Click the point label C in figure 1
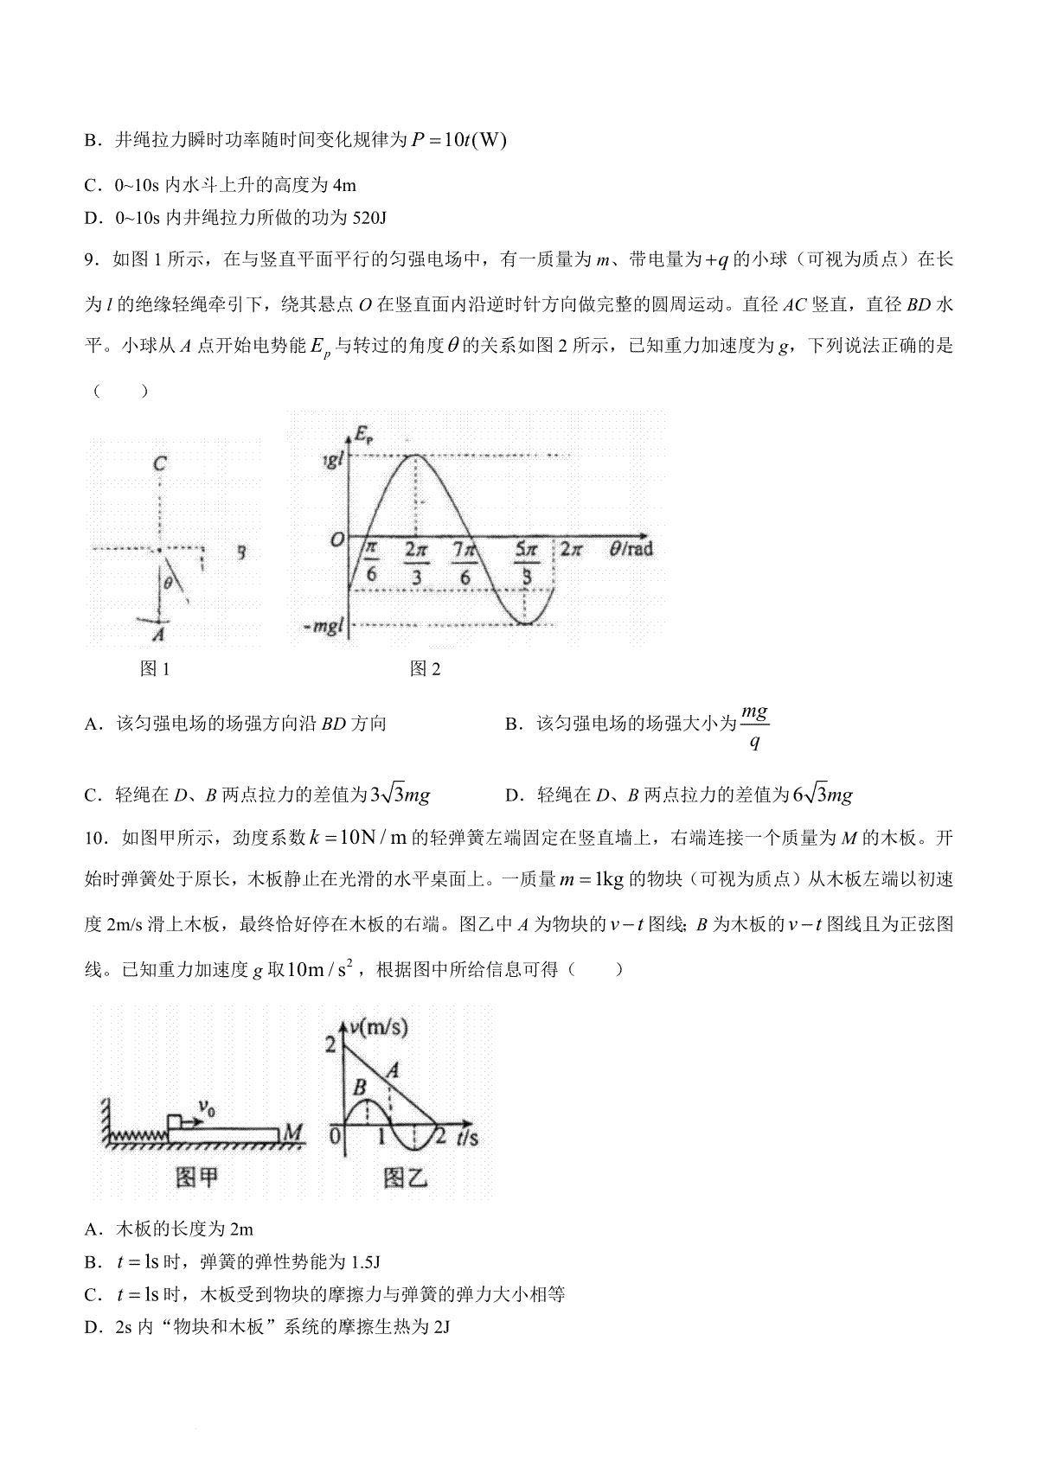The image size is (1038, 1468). coord(159,464)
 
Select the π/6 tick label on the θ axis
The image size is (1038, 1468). coord(370,562)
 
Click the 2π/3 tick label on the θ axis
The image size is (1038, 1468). coord(416,562)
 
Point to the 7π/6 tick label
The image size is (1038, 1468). coord(465,562)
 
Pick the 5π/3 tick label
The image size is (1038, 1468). coord(526,562)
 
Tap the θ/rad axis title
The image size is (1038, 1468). coord(630,548)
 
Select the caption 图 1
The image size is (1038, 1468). coord(155,668)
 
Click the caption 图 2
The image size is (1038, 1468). coord(425,668)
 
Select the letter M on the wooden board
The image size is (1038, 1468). coord(292,1132)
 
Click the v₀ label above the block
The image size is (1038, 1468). coord(207,1107)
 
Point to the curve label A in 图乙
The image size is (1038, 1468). coord(392,1070)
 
